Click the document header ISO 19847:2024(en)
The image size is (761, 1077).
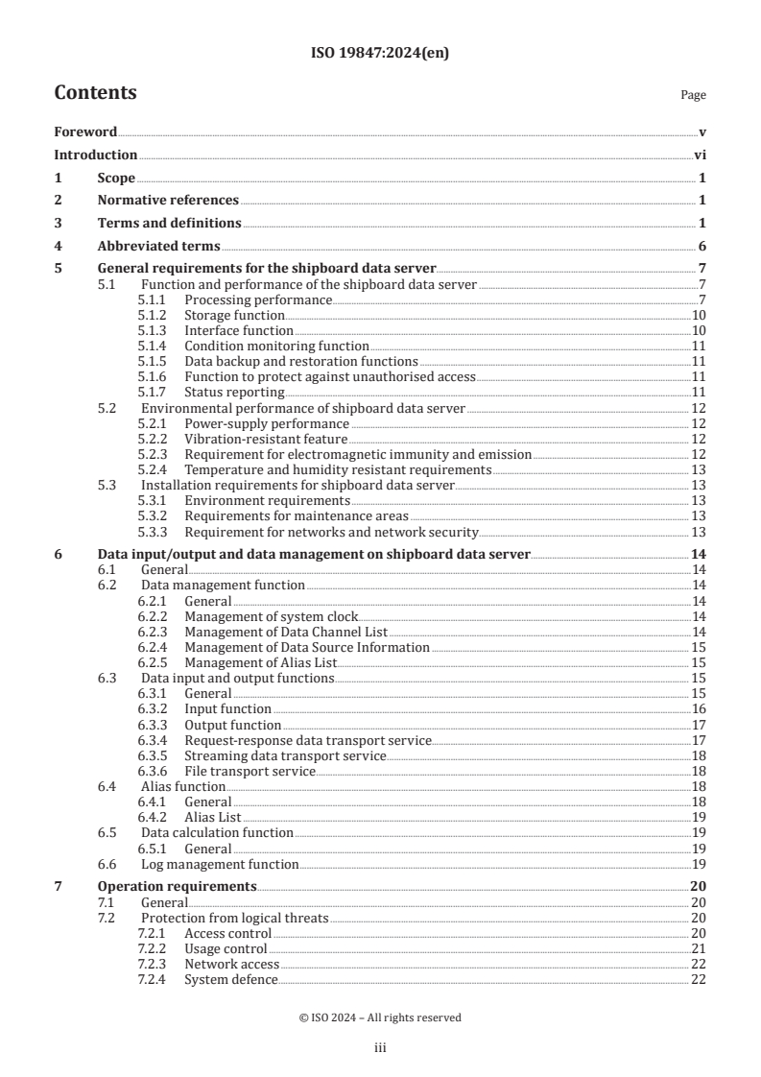(380, 54)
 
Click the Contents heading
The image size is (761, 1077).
(95, 93)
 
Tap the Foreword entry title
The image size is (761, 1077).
(85, 132)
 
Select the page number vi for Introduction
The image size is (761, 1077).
(700, 155)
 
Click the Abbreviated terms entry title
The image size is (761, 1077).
(158, 246)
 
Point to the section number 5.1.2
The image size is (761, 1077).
(155, 315)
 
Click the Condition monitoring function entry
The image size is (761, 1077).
(276, 346)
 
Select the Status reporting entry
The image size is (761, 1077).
(234, 392)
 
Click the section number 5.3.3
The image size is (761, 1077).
(155, 532)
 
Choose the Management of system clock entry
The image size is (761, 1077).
(271, 616)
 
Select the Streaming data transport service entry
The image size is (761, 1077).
(285, 755)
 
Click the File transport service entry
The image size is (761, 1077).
(250, 771)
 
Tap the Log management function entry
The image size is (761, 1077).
(220, 864)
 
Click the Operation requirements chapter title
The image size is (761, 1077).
(177, 886)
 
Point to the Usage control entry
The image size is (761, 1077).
(226, 948)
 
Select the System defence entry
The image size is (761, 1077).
(231, 979)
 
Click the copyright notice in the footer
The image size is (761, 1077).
(380, 1017)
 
